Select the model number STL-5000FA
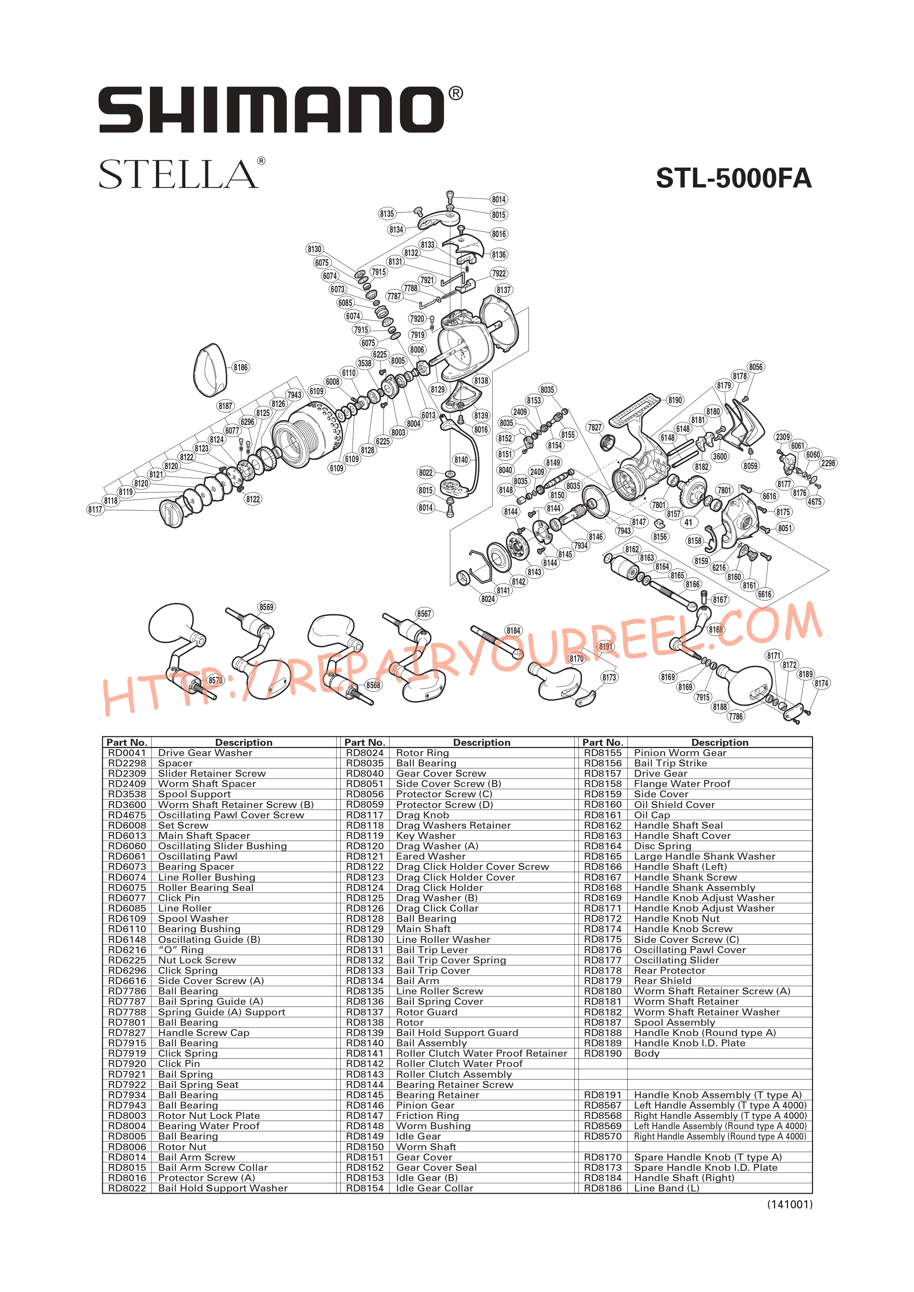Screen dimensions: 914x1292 pyautogui.click(x=733, y=178)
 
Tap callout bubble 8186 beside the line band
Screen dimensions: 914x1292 pyautogui.click(x=240, y=368)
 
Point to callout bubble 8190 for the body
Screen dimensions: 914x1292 pyautogui.click(x=675, y=400)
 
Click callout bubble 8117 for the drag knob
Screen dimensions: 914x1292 pyautogui.click(x=95, y=509)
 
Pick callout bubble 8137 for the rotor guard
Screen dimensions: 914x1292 pyautogui.click(x=504, y=290)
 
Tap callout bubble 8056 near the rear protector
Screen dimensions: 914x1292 pyautogui.click(x=755, y=367)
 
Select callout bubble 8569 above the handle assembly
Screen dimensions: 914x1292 pyautogui.click(x=266, y=607)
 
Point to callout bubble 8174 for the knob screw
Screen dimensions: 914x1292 pyautogui.click(x=821, y=683)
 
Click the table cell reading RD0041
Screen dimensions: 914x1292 pyautogui.click(x=127, y=753)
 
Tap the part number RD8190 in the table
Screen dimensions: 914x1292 pyautogui.click(x=603, y=1053)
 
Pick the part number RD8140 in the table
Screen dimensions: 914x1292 pyautogui.click(x=365, y=1043)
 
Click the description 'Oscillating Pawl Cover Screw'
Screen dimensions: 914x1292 pyautogui.click(x=231, y=815)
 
